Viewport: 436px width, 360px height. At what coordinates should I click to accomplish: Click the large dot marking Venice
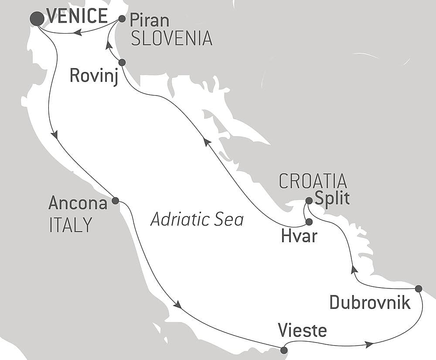pyautogui.click(x=37, y=18)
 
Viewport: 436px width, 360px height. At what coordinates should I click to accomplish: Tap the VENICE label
pyautogui.click(x=77, y=17)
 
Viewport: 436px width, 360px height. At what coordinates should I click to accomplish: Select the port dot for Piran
pyautogui.click(x=122, y=19)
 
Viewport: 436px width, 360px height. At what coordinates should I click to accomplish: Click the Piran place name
pyautogui.click(x=150, y=21)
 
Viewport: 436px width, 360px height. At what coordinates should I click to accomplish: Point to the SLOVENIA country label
pyautogui.click(x=171, y=39)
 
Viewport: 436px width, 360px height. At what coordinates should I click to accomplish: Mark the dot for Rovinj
pyautogui.click(x=122, y=62)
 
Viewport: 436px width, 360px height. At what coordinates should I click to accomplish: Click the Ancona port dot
pyautogui.click(x=115, y=201)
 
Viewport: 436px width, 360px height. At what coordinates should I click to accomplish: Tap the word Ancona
pyautogui.click(x=78, y=203)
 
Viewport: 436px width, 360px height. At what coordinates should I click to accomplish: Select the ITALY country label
pyautogui.click(x=71, y=225)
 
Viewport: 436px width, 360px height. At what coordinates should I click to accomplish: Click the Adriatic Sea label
pyautogui.click(x=197, y=219)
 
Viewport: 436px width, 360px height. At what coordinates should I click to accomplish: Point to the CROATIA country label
pyautogui.click(x=313, y=181)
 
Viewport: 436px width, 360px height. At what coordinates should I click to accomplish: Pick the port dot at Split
pyautogui.click(x=309, y=201)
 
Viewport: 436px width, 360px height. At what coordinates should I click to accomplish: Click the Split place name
pyautogui.click(x=332, y=199)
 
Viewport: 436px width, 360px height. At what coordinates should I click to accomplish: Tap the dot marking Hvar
pyautogui.click(x=309, y=222)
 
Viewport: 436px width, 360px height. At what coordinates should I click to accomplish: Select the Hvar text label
pyautogui.click(x=299, y=237)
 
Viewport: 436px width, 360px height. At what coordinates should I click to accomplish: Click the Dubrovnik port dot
pyautogui.click(x=419, y=288)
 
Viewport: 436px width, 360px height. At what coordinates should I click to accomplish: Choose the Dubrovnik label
pyautogui.click(x=370, y=302)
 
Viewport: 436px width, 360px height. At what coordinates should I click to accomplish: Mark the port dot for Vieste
pyautogui.click(x=284, y=350)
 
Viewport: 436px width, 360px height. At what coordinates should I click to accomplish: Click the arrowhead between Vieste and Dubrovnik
pyautogui.click(x=369, y=345)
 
